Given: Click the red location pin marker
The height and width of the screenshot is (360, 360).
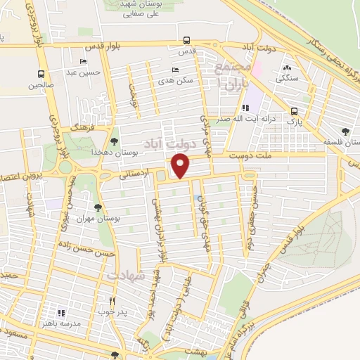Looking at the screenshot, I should click(x=181, y=166).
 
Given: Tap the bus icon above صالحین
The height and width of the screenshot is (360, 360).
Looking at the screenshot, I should click(x=41, y=74).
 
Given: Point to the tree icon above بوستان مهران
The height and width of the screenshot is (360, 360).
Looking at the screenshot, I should click(x=97, y=207).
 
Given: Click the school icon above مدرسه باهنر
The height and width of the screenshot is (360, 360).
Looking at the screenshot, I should click(x=61, y=312).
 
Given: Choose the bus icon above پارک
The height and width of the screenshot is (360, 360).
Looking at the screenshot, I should click(x=294, y=110).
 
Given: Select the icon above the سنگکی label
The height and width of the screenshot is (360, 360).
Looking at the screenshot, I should click(x=286, y=68).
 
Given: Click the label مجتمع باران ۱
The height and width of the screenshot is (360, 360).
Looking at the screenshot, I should click(x=232, y=73).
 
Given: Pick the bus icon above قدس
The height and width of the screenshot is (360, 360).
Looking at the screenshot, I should click(x=186, y=41).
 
